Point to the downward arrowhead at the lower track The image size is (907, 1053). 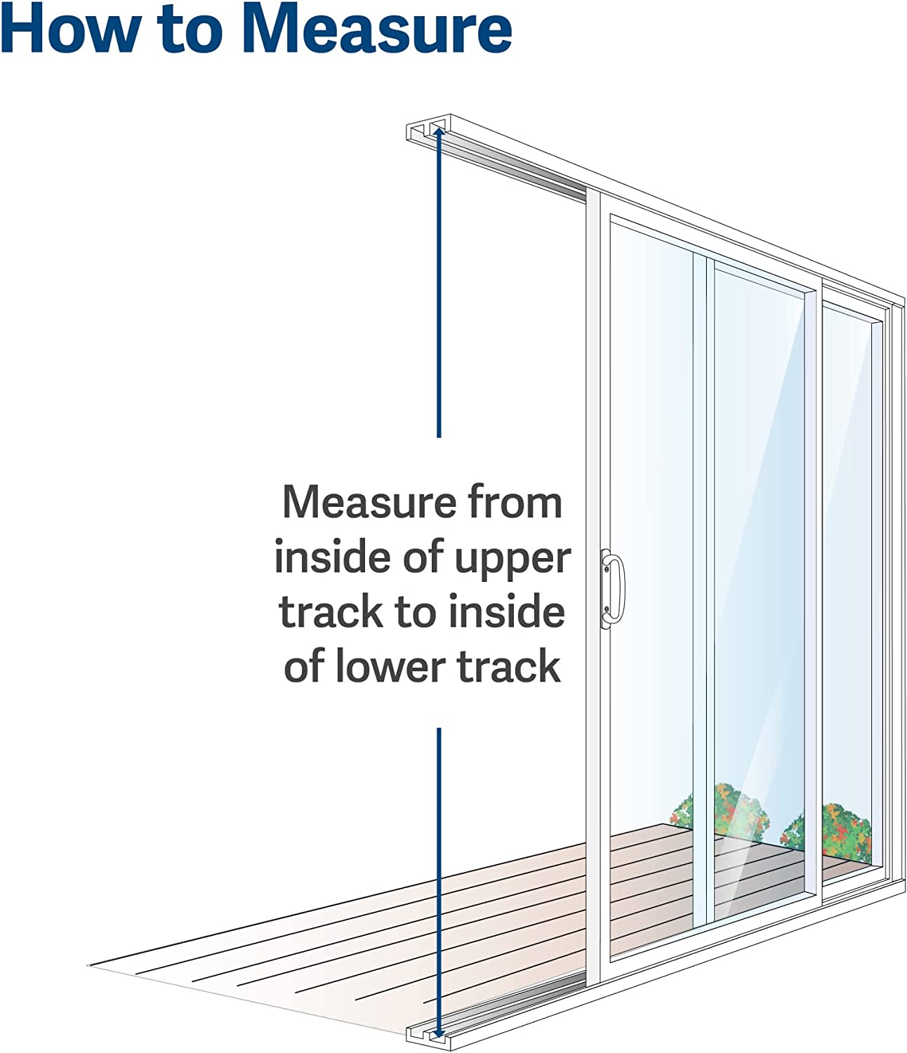click(x=439, y=1033)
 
